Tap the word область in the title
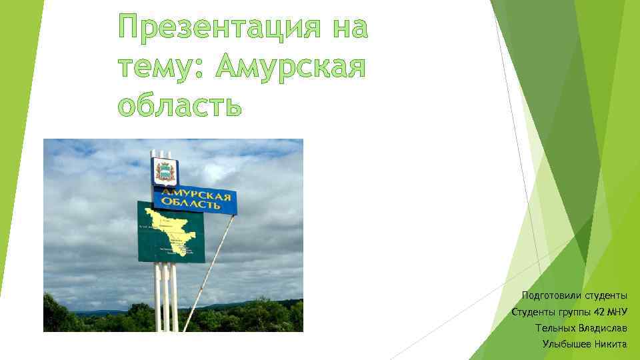pyautogui.click(x=179, y=105)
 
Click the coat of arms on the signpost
pyautogui.click(x=163, y=171)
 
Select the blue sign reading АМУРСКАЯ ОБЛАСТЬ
pyautogui.click(x=195, y=199)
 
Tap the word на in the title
pyautogui.click(x=349, y=29)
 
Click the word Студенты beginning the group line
pyautogui.click(x=531, y=312)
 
